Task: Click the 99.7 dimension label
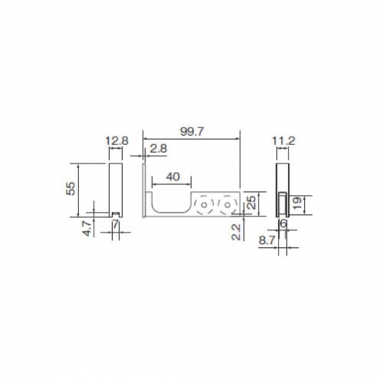(x=192, y=131)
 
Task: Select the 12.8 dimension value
(x=117, y=140)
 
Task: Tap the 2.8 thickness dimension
(x=158, y=149)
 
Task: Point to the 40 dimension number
(x=173, y=177)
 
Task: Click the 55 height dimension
(x=71, y=189)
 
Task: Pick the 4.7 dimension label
(x=87, y=229)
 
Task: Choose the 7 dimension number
(x=116, y=224)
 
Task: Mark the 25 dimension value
(x=252, y=203)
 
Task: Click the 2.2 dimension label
(x=236, y=232)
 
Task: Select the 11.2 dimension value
(x=283, y=140)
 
